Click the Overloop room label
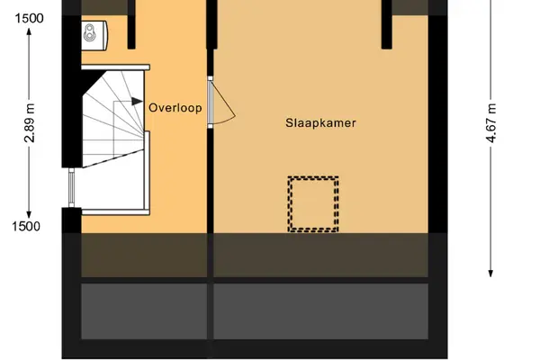click(175, 108)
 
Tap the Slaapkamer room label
click(320, 123)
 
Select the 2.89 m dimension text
click(30, 123)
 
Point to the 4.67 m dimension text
click(490, 123)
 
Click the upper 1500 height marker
click(30, 18)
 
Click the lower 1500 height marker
click(26, 226)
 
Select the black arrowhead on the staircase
click(137, 102)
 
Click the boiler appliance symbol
click(94, 34)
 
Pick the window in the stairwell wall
click(71, 188)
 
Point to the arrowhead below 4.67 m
click(490, 274)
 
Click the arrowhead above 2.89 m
click(30, 31)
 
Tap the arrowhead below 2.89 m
click(30, 214)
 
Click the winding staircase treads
click(113, 119)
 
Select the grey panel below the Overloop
click(144, 311)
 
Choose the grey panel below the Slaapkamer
click(320, 311)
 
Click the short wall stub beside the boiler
click(131, 24)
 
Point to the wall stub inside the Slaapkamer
click(387, 24)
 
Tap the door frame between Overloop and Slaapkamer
click(210, 103)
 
